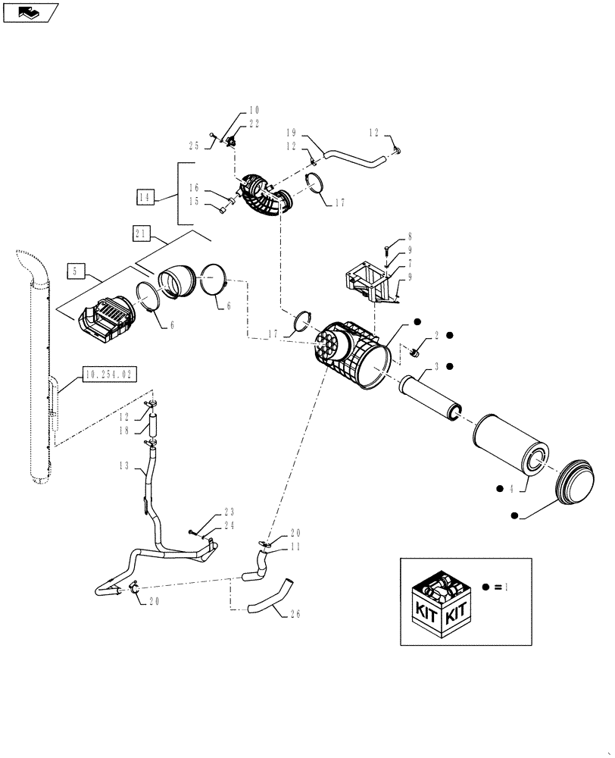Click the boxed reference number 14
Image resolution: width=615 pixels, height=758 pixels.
click(146, 197)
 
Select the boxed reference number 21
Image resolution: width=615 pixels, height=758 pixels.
click(142, 235)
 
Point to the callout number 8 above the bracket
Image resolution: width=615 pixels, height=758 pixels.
click(410, 237)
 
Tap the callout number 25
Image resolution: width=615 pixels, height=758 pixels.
click(194, 145)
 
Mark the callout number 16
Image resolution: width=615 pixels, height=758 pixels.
click(194, 187)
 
